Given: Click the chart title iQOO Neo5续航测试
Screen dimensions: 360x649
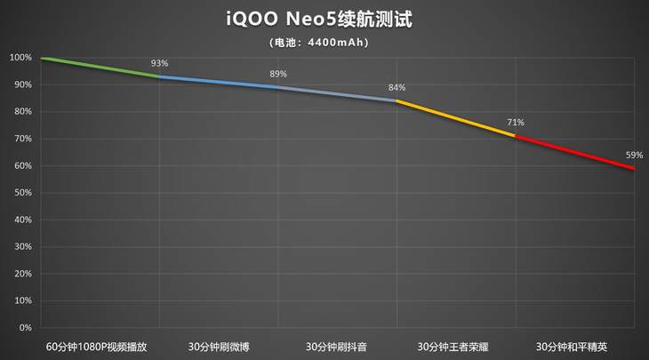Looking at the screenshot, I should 324,19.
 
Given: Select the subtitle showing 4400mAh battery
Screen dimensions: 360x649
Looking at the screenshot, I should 324,41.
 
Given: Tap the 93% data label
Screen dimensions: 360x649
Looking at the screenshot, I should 159,63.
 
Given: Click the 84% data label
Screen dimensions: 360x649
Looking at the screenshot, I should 397,87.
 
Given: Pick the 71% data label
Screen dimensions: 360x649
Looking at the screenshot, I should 516,123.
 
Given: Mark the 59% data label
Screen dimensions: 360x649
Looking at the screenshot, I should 634,155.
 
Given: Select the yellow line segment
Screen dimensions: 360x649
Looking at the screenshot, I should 455,118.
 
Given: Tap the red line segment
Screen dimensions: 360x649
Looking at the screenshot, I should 574,152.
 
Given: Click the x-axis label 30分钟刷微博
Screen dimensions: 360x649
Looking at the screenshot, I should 219,346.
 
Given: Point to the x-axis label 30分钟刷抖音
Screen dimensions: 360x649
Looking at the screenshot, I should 337,346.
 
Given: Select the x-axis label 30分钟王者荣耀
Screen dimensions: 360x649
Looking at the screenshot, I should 456,346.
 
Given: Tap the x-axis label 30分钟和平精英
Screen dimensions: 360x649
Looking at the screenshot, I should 574,346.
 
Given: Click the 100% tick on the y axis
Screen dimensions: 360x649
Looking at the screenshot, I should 20,58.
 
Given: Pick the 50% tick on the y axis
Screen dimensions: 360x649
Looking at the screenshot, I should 22,193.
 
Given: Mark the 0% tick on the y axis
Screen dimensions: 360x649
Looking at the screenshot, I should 25,328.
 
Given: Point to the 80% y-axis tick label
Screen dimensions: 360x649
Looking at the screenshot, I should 22,112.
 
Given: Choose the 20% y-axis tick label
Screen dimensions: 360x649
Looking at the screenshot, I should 22,274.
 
